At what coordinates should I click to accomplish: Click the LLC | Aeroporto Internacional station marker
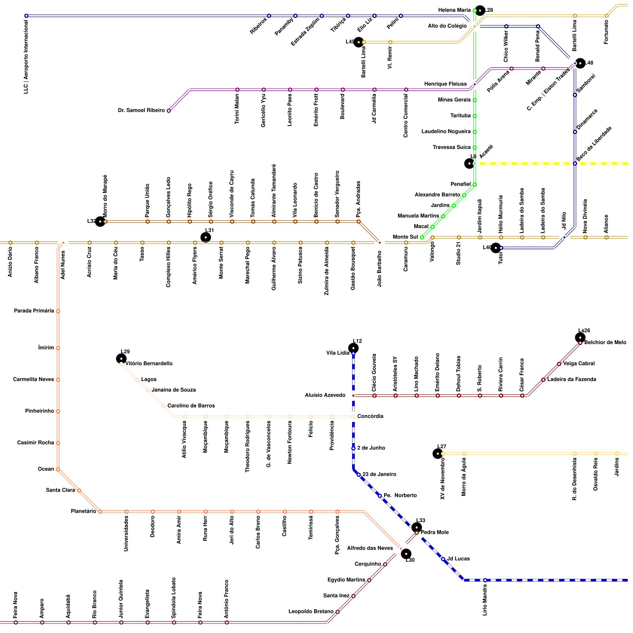coord(26,16)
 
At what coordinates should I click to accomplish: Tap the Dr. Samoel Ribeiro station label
coord(141,110)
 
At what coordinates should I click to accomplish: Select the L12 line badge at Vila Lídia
coord(353,348)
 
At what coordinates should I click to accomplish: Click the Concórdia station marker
coord(353,417)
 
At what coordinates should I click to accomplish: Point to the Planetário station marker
coord(100,512)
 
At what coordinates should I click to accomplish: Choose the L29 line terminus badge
coord(121,358)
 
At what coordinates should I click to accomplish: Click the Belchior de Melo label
coord(605,343)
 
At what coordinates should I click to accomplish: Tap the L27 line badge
coord(438,453)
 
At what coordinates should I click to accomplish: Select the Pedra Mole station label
coord(434,533)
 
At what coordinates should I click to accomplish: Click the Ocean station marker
coord(58,470)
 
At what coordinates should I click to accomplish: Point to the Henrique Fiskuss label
coord(445,84)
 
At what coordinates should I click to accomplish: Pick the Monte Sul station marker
coord(422,237)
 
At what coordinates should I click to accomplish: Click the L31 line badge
coord(206,237)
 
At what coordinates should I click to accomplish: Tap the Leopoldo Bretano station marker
coord(337,612)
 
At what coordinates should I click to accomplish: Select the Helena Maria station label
coord(454,10)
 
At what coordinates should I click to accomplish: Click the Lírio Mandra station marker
coord(485,580)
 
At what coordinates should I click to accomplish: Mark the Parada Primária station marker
coord(58,311)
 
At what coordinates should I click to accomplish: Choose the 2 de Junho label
coord(371,448)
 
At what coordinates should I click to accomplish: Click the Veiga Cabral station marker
coord(559,364)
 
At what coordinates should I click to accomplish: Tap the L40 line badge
coord(495,248)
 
